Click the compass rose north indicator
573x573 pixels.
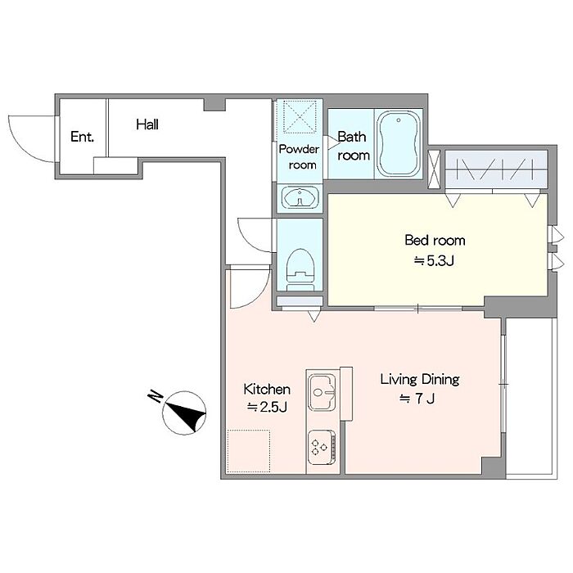(x=184, y=413)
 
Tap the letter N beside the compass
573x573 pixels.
(x=156, y=396)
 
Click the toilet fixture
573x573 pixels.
(x=300, y=269)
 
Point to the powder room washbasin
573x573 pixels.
(x=300, y=198)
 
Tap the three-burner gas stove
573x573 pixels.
(x=322, y=447)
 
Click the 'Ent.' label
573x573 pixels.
(x=82, y=137)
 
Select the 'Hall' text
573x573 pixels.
(x=147, y=124)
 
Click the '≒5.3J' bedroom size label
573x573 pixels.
(x=434, y=261)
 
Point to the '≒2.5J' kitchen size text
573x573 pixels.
(x=267, y=407)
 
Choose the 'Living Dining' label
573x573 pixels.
(x=420, y=380)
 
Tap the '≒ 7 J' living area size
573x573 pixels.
(x=417, y=399)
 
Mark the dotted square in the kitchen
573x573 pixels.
(x=249, y=451)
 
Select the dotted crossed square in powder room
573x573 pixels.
(x=300, y=116)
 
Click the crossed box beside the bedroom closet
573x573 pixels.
(x=435, y=169)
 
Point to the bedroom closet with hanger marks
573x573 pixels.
(x=496, y=169)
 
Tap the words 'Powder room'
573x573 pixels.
(x=300, y=157)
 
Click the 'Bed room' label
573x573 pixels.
(x=435, y=240)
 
